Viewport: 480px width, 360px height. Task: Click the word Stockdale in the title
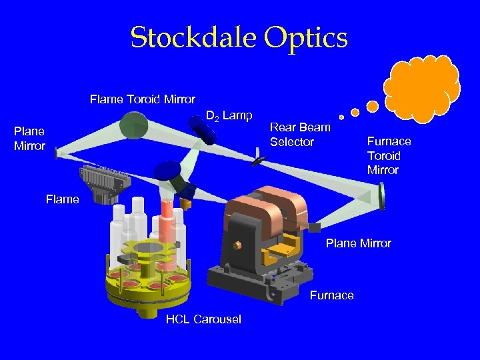pyautogui.click(x=194, y=38)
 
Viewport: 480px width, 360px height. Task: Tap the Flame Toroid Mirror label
pyautogui.click(x=143, y=99)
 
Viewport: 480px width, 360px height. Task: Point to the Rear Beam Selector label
pyautogui.click(x=300, y=135)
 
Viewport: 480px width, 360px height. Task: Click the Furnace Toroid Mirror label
pyautogui.click(x=389, y=155)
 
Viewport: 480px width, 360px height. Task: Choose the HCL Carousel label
pyautogui.click(x=203, y=319)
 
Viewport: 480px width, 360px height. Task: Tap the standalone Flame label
pyautogui.click(x=62, y=199)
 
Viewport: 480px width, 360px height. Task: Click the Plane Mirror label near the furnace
pyautogui.click(x=358, y=243)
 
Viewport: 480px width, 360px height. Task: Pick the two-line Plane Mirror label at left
pyautogui.click(x=29, y=138)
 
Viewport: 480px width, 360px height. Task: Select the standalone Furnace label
pyautogui.click(x=331, y=295)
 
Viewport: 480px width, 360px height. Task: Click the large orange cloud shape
pyautogui.click(x=421, y=87)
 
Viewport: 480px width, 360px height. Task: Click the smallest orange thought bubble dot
pyautogui.click(x=341, y=117)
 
